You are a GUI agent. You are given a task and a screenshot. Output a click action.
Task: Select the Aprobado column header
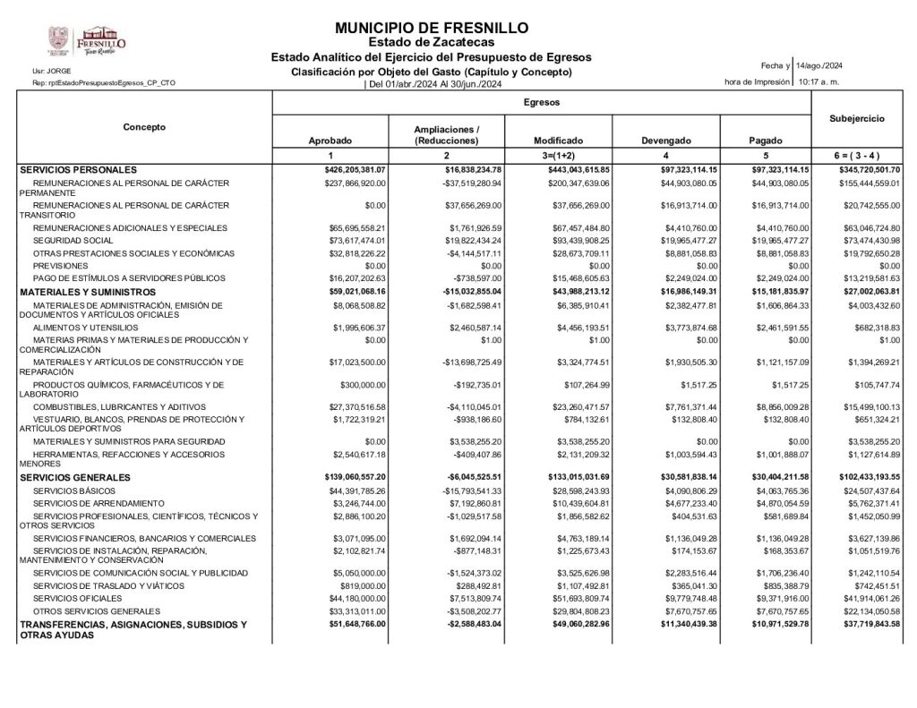click(330, 141)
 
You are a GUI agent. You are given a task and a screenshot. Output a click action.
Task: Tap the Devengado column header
click(666, 141)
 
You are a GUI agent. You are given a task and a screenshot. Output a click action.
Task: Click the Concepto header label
click(144, 127)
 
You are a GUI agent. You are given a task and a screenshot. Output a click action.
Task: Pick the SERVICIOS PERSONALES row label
click(78, 169)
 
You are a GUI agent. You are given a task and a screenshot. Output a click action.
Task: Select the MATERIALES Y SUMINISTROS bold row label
click(88, 292)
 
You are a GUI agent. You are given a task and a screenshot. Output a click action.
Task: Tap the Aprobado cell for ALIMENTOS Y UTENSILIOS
click(359, 328)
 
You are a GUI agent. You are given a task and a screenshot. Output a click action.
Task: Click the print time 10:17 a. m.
click(818, 81)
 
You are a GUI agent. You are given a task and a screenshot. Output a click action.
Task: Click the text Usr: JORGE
click(46, 71)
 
